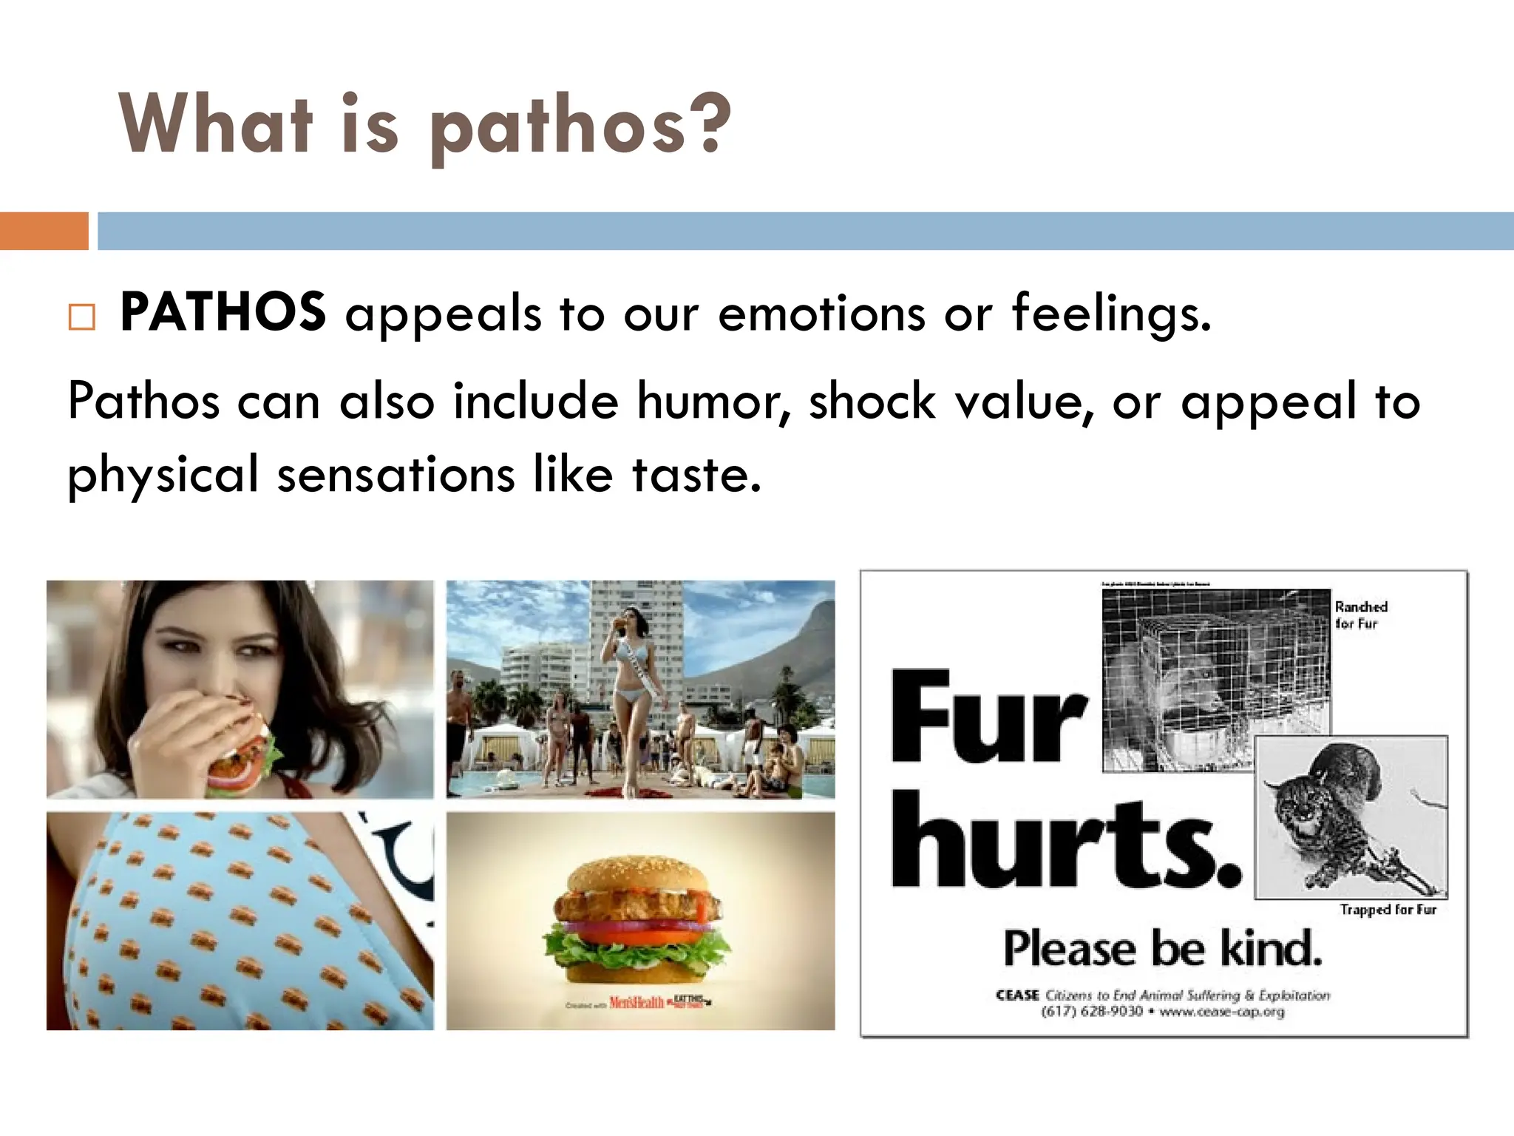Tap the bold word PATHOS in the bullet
223,312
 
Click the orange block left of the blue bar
44,231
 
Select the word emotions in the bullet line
821,314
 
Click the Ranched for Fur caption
1361,615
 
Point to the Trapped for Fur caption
1388,910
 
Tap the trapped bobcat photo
1351,817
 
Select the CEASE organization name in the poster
1017,995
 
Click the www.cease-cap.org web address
1221,1012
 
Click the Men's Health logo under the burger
637,1003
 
